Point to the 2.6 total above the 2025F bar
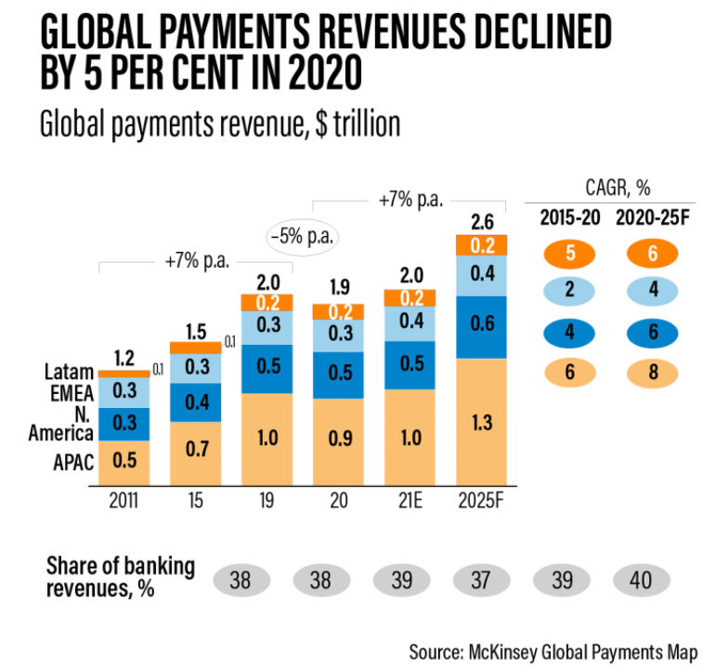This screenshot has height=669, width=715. click(x=481, y=221)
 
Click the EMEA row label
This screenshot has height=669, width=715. click(x=72, y=391)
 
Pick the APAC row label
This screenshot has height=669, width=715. click(x=72, y=460)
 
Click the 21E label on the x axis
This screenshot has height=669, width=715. click(x=409, y=501)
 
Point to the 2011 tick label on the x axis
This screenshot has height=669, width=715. click(x=123, y=501)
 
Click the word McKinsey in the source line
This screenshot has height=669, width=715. click(x=521, y=648)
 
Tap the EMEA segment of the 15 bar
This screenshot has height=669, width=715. click(x=195, y=367)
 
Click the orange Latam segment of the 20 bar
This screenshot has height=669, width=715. click(x=338, y=311)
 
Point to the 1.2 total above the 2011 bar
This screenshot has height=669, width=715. click(x=123, y=356)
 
